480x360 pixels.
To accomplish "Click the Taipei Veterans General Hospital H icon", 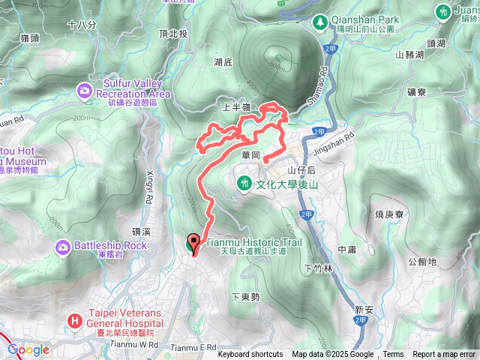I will [74, 321].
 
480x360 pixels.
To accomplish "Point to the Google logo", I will [28, 349].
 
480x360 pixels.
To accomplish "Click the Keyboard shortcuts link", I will [250, 355].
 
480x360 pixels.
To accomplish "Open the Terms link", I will [393, 355].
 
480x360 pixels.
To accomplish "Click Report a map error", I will [444, 355].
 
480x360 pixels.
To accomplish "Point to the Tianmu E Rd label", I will [193, 347].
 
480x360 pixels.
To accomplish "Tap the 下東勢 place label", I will [245, 297].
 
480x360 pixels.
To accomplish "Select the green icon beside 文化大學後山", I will [244, 182].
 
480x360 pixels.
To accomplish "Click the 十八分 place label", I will [82, 25].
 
